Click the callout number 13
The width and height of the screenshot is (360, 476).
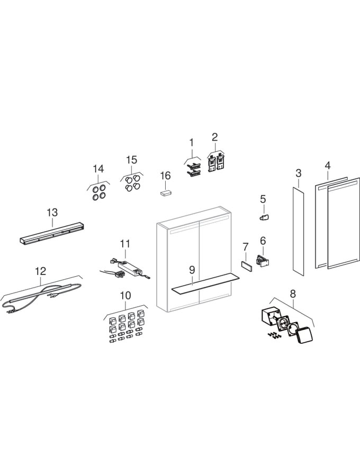point(52,212)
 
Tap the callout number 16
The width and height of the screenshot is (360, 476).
point(166,175)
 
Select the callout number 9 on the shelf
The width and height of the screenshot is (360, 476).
point(193,269)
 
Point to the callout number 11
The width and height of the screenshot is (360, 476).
point(124,244)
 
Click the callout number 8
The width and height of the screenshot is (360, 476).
point(293,293)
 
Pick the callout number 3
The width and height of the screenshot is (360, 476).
point(298,173)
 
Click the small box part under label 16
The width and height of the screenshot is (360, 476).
point(166,193)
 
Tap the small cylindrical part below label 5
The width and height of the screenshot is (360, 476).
point(264,217)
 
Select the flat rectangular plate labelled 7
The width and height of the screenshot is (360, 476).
point(246,265)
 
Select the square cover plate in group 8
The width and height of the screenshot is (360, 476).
point(305,334)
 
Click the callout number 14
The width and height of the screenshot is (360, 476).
point(98,169)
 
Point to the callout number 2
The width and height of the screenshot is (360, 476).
point(215,137)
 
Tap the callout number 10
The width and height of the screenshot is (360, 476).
point(125,296)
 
